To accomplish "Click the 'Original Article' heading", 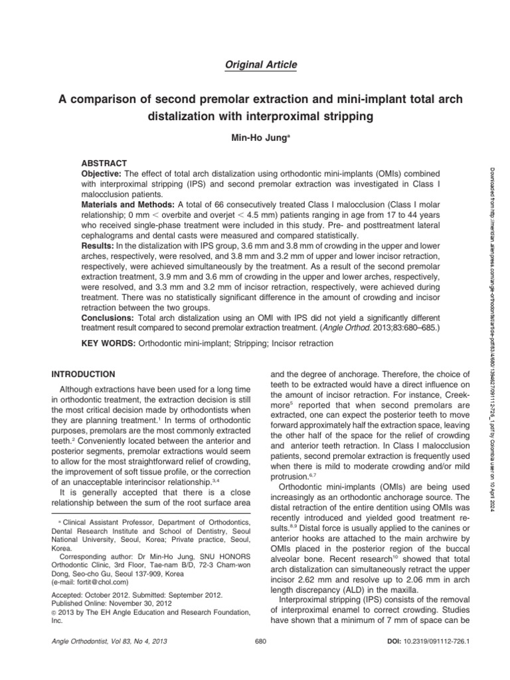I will [x=255, y=64].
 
